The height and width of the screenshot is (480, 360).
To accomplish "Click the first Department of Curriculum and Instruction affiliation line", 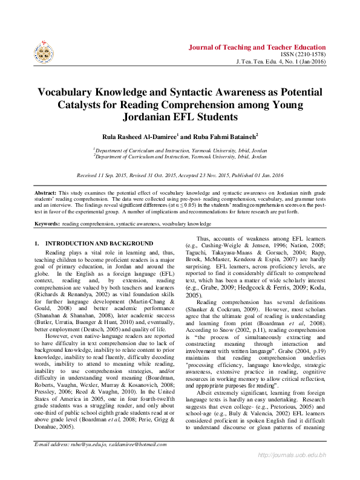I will point(180,149).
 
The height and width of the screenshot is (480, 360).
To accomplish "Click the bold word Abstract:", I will point(45,192).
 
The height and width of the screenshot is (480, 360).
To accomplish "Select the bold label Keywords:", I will point(47,223).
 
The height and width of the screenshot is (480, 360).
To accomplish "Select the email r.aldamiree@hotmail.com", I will point(137,461).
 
